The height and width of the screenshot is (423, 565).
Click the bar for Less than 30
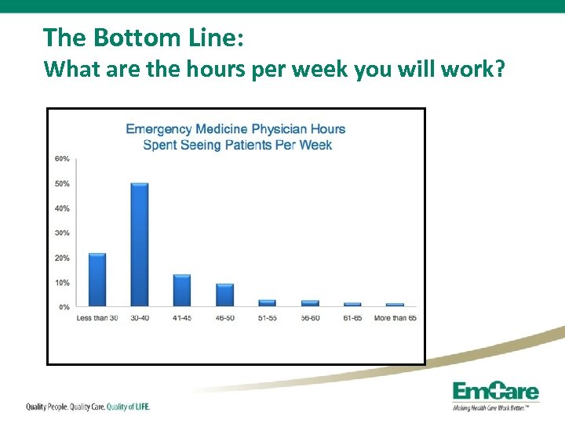(97, 280)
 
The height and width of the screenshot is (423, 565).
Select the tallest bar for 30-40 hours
(139, 244)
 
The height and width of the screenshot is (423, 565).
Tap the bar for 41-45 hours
(181, 290)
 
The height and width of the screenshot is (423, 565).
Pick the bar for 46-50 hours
(224, 295)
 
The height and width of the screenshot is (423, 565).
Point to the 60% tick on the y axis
(61, 159)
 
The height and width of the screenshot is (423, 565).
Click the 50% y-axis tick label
(61, 184)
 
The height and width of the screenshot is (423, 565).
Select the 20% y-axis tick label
(61, 258)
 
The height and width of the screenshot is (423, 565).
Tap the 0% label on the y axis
(64, 307)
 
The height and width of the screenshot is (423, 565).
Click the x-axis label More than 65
(395, 318)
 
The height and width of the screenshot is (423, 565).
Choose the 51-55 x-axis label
(267, 318)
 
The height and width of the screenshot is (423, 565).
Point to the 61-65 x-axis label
(352, 318)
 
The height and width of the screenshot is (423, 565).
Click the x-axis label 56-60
(310, 318)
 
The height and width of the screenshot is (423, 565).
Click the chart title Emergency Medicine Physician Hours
(235, 129)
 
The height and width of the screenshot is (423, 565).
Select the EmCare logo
(495, 392)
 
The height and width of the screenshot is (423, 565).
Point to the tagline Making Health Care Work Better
(495, 408)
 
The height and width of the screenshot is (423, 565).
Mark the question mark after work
(498, 70)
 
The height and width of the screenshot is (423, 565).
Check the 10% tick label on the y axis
(61, 283)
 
